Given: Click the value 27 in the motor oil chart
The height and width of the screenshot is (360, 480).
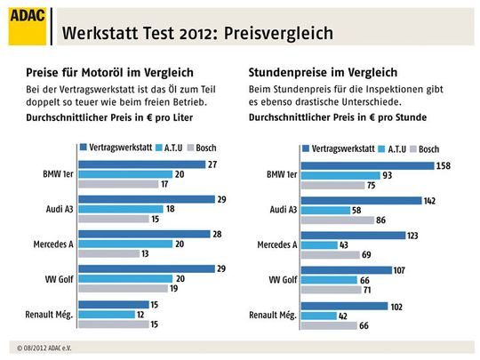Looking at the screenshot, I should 212,165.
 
